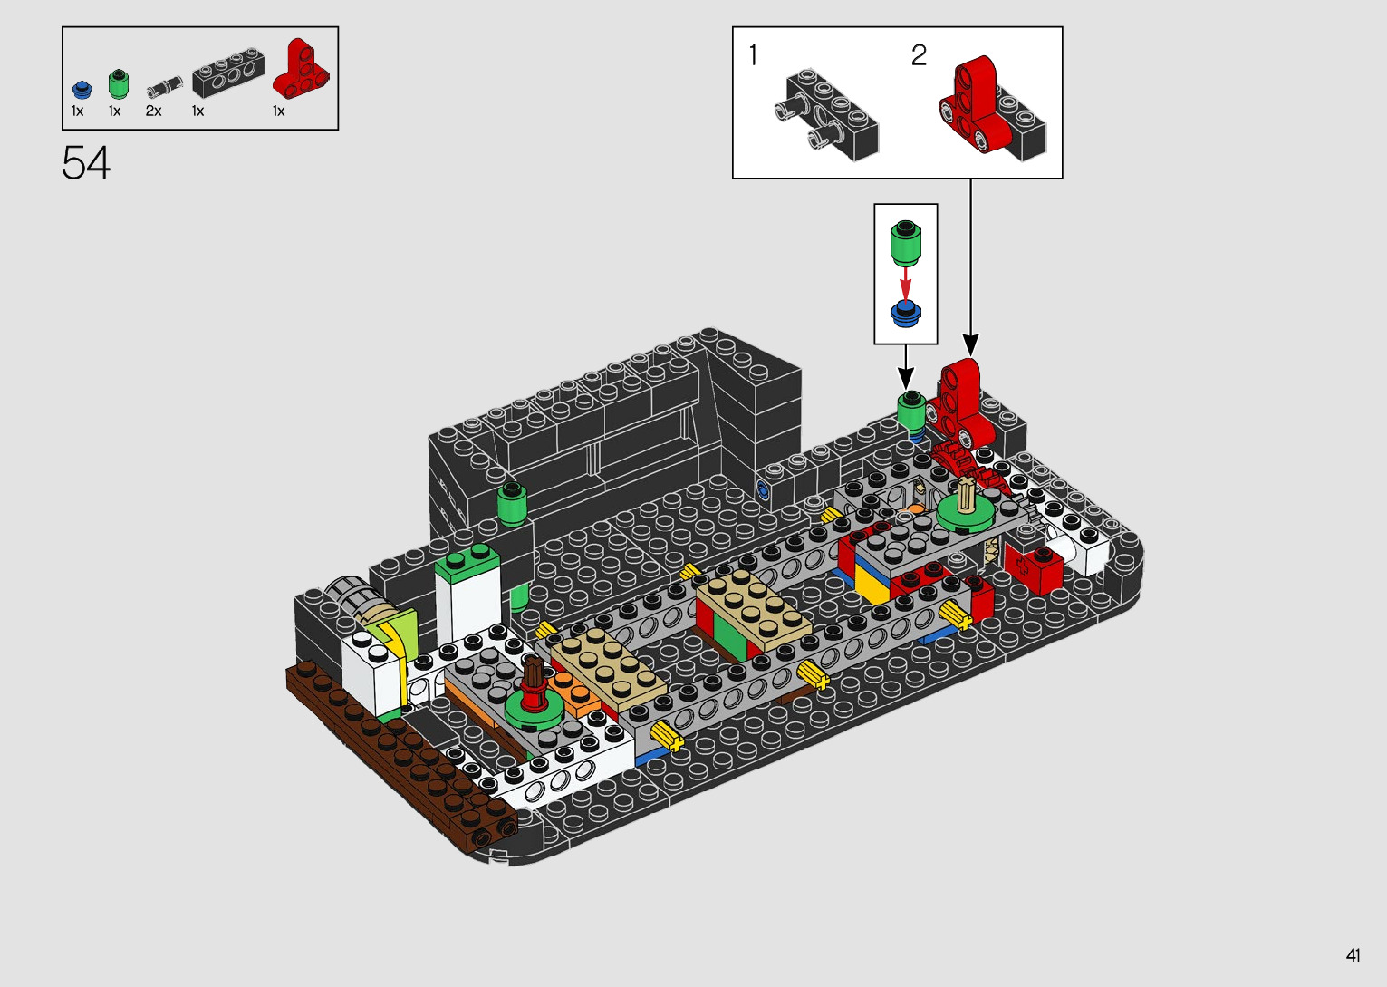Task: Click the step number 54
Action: click(x=85, y=162)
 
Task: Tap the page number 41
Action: click(x=1353, y=955)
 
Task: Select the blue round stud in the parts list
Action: click(x=82, y=91)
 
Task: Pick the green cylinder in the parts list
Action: click(x=119, y=84)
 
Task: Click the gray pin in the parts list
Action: click(x=165, y=87)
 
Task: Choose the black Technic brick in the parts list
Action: click(x=228, y=72)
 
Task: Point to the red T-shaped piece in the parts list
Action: click(x=301, y=69)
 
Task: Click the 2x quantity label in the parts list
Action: click(x=154, y=111)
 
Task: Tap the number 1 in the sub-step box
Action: click(x=753, y=55)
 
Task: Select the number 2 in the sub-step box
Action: click(x=919, y=55)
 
